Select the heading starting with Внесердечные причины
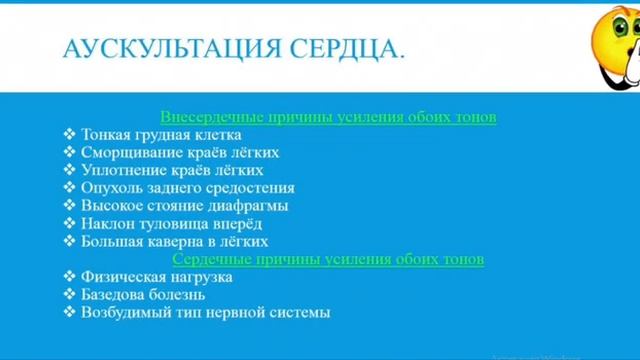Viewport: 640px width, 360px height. click(328, 116)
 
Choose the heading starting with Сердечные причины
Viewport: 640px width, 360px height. click(328, 259)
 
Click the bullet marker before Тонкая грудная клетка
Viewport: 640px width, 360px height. click(68, 134)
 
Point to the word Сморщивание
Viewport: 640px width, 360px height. click(124, 152)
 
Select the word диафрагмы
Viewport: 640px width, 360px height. click(254, 206)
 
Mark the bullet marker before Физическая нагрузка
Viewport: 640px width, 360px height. click(68, 277)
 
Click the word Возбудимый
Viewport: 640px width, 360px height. click(122, 313)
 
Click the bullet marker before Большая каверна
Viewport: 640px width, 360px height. click(68, 242)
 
